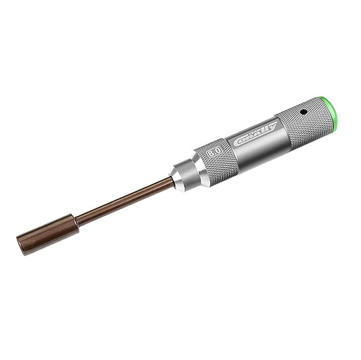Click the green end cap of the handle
pyautogui.click(x=331, y=113)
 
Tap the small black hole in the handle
pyautogui.click(x=303, y=112)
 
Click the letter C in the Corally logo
pyautogui.click(x=238, y=142)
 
